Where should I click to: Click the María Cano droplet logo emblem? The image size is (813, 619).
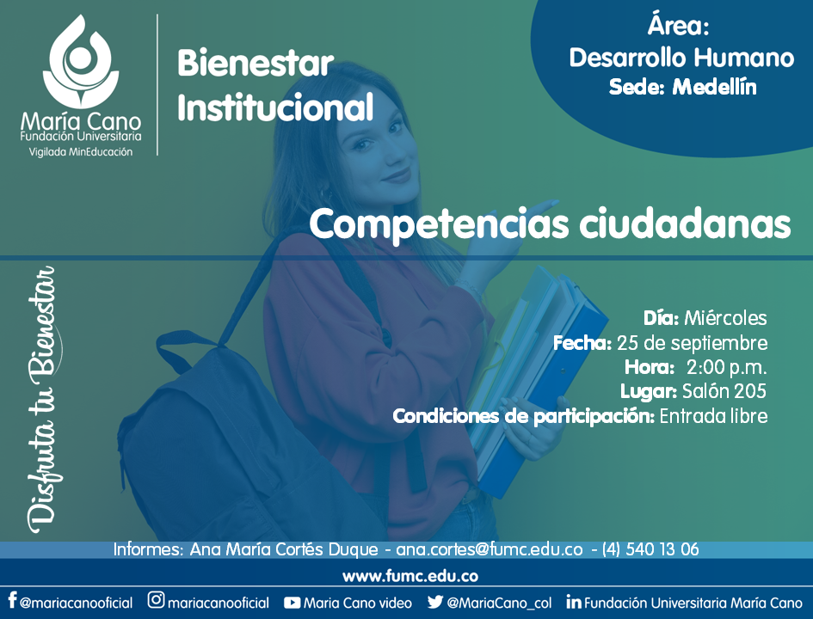[81, 61]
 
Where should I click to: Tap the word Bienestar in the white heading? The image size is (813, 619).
[256, 64]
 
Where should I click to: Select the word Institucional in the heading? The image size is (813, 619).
[275, 107]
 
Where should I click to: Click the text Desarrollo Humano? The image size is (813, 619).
[681, 57]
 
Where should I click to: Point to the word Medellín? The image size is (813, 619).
[714, 87]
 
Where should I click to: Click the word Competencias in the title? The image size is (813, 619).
[439, 224]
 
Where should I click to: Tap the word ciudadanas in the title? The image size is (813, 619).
[685, 224]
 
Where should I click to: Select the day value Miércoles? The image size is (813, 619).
[725, 318]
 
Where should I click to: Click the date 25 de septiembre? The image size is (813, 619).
[693, 343]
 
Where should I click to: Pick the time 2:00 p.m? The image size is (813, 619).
[726, 367]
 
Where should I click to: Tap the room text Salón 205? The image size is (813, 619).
[724, 391]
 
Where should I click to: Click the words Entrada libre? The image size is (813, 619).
[713, 416]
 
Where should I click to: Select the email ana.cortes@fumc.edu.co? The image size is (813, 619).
[489, 549]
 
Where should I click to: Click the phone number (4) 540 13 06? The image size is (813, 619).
[650, 549]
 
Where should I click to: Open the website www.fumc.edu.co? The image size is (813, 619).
[410, 576]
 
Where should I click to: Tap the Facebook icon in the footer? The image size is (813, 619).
[12, 600]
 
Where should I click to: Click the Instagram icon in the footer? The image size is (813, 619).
[156, 600]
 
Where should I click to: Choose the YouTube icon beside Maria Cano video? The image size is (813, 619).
[292, 603]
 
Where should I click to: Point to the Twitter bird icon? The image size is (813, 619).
[435, 602]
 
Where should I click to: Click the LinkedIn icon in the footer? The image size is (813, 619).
[574, 602]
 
